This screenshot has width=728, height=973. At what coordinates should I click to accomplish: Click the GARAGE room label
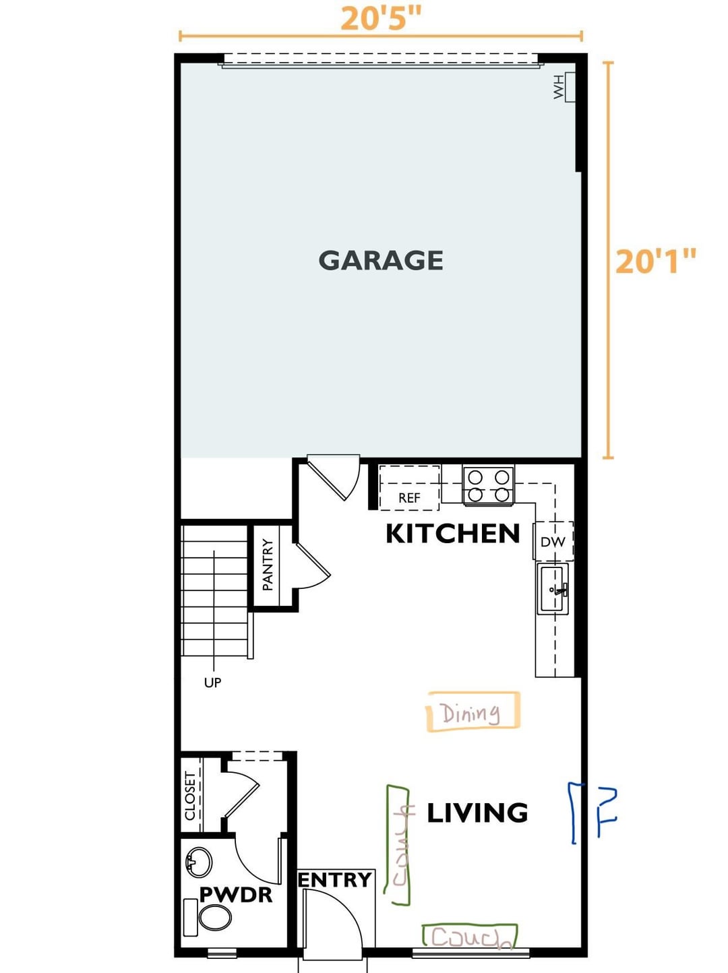[380, 260]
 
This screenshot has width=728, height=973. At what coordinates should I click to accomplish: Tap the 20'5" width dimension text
[380, 19]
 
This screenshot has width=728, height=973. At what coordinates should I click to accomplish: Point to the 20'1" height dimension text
[656, 261]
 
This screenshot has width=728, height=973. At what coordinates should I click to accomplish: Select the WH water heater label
[559, 87]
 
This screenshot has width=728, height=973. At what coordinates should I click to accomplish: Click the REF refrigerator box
[409, 488]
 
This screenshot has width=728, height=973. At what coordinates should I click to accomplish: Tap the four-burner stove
[488, 485]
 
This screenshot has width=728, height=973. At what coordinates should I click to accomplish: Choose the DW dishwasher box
[553, 541]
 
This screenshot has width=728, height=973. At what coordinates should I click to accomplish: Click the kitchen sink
[553, 589]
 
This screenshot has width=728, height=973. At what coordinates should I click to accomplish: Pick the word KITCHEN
[453, 533]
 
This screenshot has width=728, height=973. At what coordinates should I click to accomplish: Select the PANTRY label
[268, 564]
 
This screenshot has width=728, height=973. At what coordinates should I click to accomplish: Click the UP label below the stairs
[212, 683]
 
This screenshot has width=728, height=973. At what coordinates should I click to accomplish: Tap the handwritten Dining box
[473, 712]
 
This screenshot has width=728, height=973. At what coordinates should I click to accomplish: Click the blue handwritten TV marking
[593, 813]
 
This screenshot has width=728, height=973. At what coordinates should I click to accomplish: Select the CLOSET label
[190, 796]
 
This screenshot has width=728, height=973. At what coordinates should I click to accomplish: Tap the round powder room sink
[198, 862]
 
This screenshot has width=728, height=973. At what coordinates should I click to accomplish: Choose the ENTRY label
[335, 880]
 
